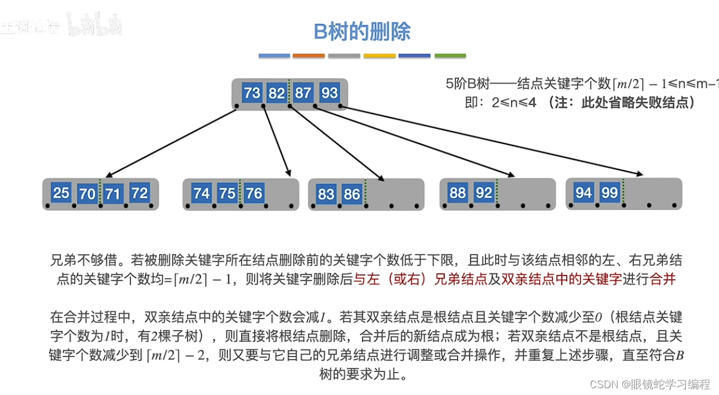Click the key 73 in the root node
tap(251, 93)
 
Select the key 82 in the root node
tap(276, 93)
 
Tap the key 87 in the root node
tap(303, 93)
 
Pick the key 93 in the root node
tap(329, 93)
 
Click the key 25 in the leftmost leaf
tap(61, 193)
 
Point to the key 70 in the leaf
tap(87, 194)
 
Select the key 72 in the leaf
tap(139, 193)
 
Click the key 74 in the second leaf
tap(201, 193)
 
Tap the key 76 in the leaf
tap(254, 193)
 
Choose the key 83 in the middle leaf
tap(326, 194)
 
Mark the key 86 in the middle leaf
tap(352, 194)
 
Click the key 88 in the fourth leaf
tap(458, 193)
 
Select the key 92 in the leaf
tap(484, 193)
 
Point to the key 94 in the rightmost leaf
tap(584, 193)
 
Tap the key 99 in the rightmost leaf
tap(609, 193)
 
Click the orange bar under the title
tap(309, 56)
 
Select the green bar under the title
tap(450, 56)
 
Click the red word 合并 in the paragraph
tap(662, 280)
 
